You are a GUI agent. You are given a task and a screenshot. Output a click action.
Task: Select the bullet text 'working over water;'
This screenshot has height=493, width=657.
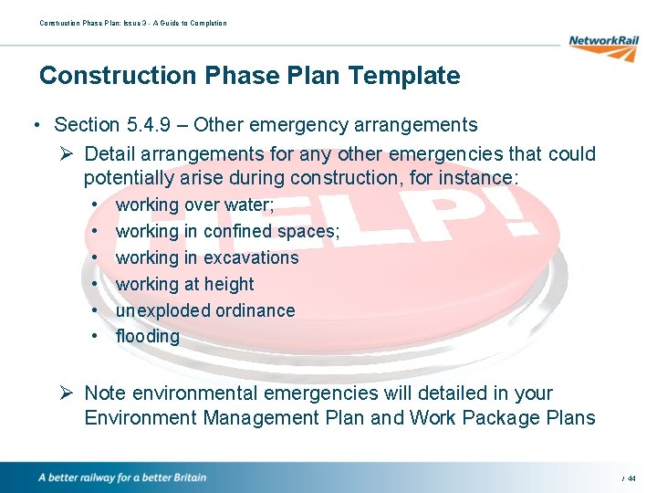point(195,205)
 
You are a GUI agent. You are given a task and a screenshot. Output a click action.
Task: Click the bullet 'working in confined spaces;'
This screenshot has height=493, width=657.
point(227,232)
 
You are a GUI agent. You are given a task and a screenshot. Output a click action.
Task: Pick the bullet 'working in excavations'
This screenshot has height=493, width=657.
point(207,258)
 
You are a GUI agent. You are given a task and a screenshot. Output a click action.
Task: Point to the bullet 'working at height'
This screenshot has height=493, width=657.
point(184,285)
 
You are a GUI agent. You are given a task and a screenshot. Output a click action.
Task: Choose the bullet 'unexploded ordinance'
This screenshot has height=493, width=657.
point(205,310)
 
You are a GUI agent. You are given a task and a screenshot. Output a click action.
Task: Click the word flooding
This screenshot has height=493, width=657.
point(147,337)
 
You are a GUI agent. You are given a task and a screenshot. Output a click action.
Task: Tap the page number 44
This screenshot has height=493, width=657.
point(631,478)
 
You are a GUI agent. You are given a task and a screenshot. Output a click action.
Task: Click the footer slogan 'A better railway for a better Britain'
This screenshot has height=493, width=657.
point(122,477)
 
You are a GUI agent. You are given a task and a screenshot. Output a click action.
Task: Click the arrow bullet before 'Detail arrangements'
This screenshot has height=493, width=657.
point(69,154)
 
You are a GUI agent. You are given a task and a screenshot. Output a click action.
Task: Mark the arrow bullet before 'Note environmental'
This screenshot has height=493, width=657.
point(69,393)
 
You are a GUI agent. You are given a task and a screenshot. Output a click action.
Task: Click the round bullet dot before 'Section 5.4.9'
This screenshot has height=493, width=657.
point(35,126)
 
